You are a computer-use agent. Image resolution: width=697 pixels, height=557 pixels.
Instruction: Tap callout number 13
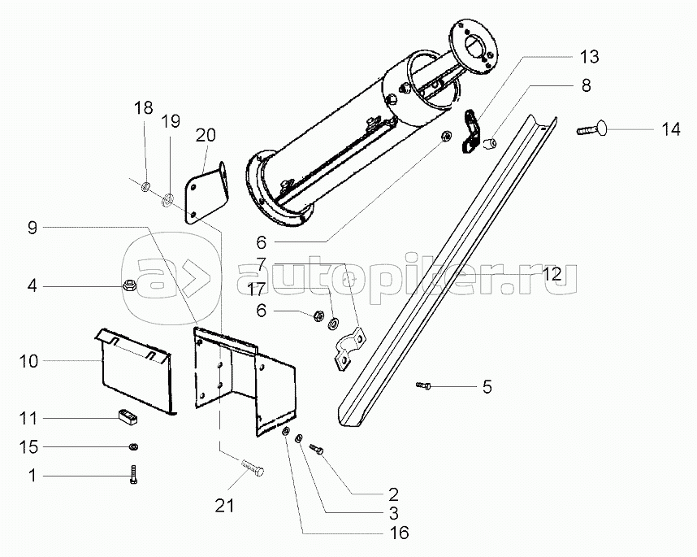(x=589, y=56)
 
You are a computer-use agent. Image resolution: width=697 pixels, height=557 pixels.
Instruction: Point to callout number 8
(x=585, y=85)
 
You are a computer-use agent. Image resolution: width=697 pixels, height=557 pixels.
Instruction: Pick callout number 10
(x=28, y=360)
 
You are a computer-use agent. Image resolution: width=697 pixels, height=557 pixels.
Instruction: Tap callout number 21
(x=224, y=505)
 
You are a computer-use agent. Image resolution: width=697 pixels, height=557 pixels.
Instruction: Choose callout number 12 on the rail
(x=552, y=275)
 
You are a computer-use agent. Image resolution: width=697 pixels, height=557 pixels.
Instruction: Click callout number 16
(x=399, y=533)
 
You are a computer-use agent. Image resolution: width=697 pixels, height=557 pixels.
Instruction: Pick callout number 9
(x=32, y=228)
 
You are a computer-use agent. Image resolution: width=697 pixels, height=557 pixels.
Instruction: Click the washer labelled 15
(x=133, y=446)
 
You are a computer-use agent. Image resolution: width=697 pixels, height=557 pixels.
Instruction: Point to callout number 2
(x=392, y=494)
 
